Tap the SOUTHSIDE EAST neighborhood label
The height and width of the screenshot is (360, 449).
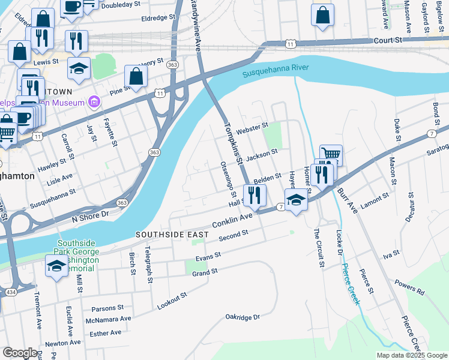(x=172, y=234)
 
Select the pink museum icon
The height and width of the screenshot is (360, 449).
(x=93, y=103)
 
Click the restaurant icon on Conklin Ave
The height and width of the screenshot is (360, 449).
(x=255, y=196)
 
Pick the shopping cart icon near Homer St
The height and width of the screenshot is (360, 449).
(x=331, y=155)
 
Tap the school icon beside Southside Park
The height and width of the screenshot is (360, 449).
(x=56, y=266)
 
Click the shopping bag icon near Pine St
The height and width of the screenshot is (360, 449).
(x=136, y=77)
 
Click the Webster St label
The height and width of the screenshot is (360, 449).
(x=252, y=127)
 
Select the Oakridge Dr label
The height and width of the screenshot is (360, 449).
(x=242, y=317)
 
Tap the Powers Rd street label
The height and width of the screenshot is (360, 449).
(x=409, y=287)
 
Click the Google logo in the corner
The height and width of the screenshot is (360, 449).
(x=20, y=353)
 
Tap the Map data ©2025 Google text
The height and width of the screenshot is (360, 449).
(x=411, y=355)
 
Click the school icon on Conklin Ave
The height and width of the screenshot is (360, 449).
(x=296, y=200)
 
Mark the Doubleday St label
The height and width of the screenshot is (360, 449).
(x=123, y=4)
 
